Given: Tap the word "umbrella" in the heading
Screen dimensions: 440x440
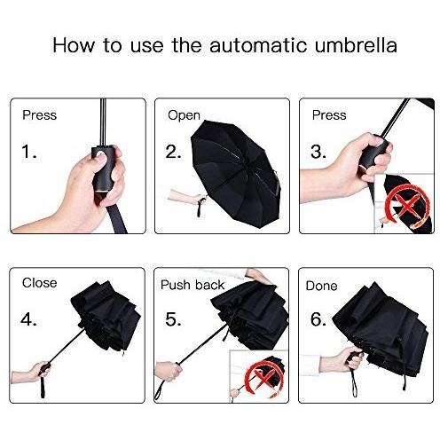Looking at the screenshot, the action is tap(356, 45).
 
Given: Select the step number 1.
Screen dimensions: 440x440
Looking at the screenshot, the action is tap(29, 152).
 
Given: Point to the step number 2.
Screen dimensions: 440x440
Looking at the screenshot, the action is tap(173, 152).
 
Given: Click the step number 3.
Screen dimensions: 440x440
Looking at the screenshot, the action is tap(318, 152).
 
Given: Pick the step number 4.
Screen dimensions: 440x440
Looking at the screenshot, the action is tap(28, 319).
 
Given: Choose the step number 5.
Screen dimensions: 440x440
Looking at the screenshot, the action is tap(173, 319).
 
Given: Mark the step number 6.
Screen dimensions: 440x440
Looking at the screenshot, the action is tap(318, 319).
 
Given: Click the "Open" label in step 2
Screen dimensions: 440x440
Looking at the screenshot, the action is tap(184, 115).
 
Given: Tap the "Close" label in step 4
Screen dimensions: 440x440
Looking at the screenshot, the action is tap(39, 283).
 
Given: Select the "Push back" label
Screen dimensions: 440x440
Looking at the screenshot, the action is tap(192, 285).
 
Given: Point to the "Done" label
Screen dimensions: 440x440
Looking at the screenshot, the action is tap(321, 286).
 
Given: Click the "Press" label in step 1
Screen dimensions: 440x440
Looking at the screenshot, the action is tap(39, 115).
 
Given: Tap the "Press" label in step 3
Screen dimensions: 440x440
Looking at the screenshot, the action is tap(329, 115).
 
